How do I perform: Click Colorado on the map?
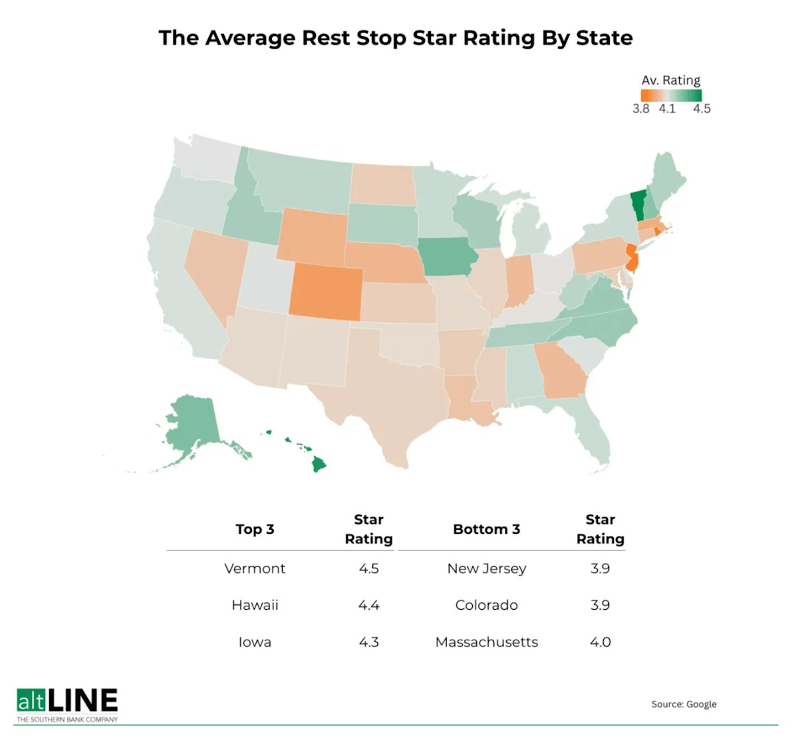pos(326,293)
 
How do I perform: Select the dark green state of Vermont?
pos(638,205)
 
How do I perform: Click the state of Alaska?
pos(192,426)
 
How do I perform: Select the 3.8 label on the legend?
pos(640,109)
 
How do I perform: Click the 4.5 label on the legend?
pos(702,109)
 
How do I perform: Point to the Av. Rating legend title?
pos(670,80)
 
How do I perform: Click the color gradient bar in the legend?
pos(671,95)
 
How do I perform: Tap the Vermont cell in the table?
pos(255,568)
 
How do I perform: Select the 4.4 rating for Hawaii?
pos(368,605)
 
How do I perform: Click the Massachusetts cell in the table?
pos(487,642)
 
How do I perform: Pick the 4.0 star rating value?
pos(600,642)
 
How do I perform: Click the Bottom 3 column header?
pos(487,529)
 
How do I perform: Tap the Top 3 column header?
pos(255,529)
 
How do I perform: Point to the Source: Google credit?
pos(684,704)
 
